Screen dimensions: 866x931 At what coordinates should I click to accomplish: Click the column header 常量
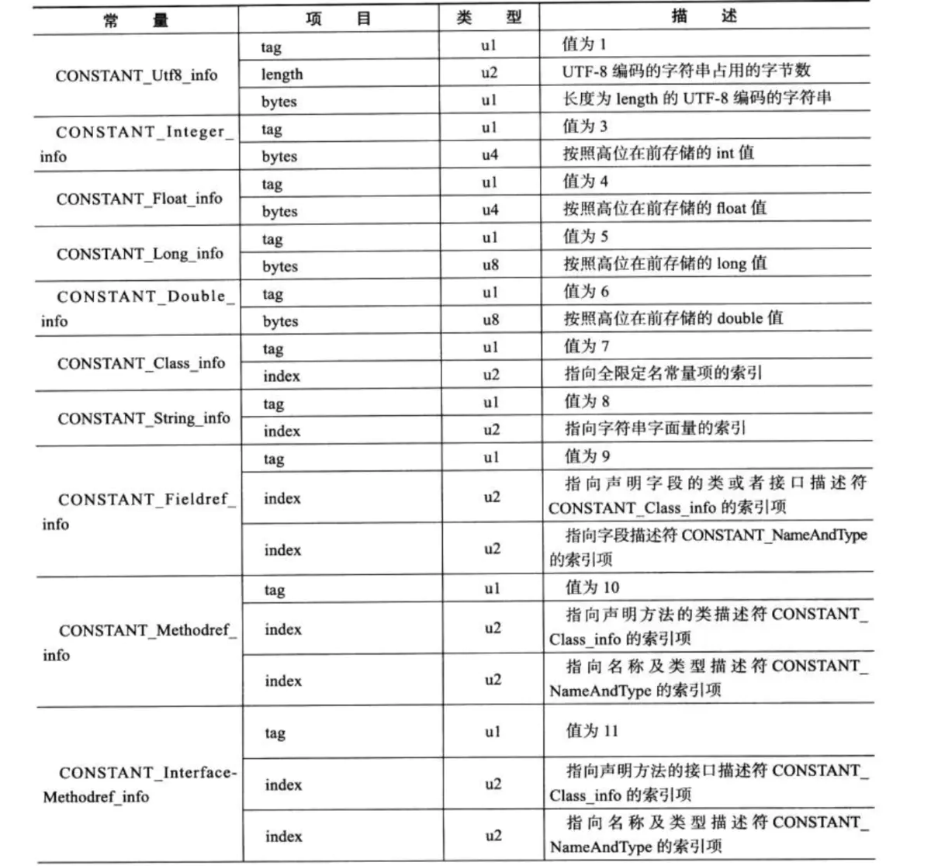tap(135, 19)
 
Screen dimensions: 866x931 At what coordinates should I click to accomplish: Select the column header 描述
tap(704, 16)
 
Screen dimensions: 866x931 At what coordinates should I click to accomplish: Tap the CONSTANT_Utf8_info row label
tap(137, 75)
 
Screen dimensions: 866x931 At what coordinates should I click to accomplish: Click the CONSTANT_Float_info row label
tap(140, 199)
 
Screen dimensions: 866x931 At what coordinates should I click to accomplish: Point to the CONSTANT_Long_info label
tap(140, 254)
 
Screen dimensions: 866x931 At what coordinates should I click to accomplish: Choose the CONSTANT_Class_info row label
tap(141, 363)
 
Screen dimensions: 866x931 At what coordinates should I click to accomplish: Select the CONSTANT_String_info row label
tap(144, 418)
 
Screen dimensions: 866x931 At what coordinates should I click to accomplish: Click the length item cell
tap(282, 74)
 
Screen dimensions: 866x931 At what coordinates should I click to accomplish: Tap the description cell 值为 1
tap(584, 44)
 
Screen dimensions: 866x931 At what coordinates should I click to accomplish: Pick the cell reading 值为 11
tap(592, 730)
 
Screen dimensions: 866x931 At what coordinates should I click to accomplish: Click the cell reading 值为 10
tap(592, 587)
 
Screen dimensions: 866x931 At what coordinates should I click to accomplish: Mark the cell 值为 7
tap(587, 346)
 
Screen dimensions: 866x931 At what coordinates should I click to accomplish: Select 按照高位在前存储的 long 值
tap(665, 263)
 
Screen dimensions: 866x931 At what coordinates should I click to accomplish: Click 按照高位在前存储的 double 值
tap(673, 318)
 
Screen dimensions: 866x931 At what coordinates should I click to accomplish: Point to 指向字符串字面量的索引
tap(655, 428)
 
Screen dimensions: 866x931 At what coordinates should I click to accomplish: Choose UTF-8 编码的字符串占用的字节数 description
tap(686, 71)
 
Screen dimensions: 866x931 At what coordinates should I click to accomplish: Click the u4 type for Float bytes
tap(490, 210)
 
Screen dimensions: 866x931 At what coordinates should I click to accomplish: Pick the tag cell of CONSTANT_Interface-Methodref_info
tap(275, 733)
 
